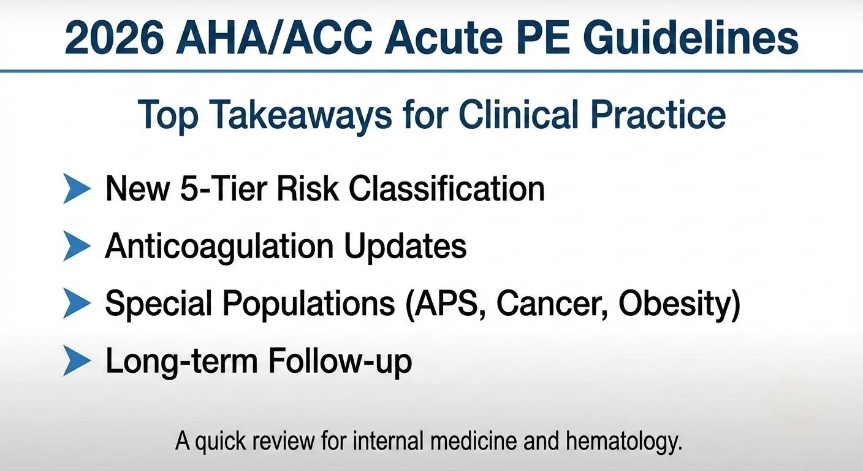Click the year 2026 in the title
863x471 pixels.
pyautogui.click(x=114, y=38)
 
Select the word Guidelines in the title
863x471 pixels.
pyautogui.click(x=690, y=38)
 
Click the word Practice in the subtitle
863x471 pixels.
pyautogui.click(x=659, y=115)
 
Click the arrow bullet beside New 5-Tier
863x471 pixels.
pyautogui.click(x=77, y=188)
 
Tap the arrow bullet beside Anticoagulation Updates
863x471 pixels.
pyautogui.click(x=77, y=246)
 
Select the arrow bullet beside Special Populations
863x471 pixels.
pyautogui.click(x=77, y=304)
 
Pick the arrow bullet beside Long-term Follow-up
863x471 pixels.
pyautogui.click(x=77, y=361)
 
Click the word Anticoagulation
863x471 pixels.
pyautogui.click(x=219, y=247)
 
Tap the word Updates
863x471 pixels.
pyautogui.click(x=405, y=247)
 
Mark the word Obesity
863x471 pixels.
pyautogui.click(x=675, y=304)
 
